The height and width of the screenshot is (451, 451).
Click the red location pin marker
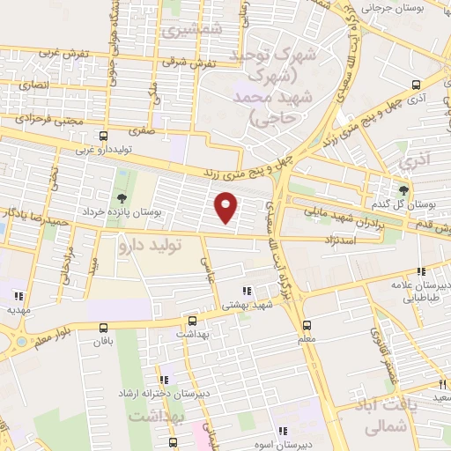coord(226,207)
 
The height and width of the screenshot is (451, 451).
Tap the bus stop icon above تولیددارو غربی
coord(104,137)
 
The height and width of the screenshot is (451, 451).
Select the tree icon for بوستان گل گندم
coord(404,189)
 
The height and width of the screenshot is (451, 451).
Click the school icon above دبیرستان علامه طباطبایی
coord(422,271)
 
